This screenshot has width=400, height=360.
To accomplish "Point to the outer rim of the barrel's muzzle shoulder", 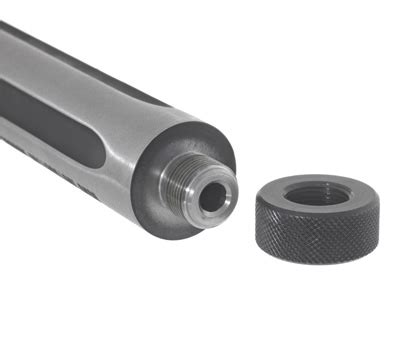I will click(225, 150).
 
